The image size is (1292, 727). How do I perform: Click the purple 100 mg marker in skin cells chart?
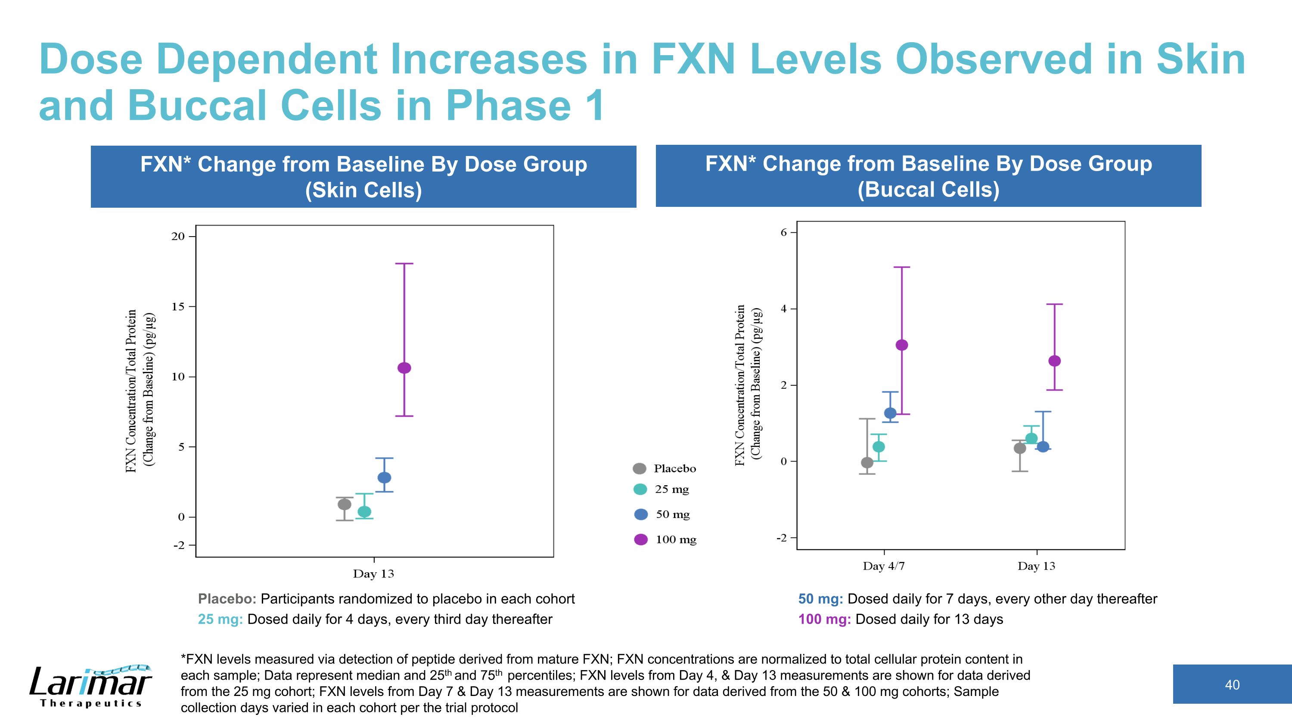coord(404,368)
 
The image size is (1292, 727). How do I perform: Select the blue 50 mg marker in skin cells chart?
coord(384,477)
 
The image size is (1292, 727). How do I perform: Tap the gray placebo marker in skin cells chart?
coord(345,504)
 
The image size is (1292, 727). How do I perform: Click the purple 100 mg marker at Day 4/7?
coord(902,345)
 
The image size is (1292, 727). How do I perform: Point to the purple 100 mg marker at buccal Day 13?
coord(1055,361)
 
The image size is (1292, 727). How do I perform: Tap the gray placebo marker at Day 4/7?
coord(867,462)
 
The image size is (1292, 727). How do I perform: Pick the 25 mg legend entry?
coord(662,489)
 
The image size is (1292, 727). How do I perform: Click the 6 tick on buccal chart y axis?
coord(784,232)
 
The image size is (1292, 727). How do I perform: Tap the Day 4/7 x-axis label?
coord(884,566)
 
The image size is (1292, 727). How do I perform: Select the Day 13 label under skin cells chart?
coord(374,574)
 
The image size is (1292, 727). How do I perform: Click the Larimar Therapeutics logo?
coord(91,686)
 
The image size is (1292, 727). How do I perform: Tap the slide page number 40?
coord(1232,684)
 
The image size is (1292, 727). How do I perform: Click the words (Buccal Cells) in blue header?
coord(929,190)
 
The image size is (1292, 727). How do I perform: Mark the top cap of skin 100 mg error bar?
coord(404,263)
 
